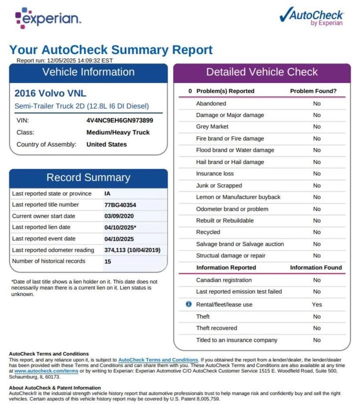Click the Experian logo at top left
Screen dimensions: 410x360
click(48, 18)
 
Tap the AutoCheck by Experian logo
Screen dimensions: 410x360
click(311, 17)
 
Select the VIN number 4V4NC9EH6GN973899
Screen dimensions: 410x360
click(120, 121)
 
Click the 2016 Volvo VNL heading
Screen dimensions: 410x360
click(50, 93)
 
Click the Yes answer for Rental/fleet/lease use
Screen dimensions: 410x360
click(317, 305)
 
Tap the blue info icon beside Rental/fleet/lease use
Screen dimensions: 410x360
click(188, 304)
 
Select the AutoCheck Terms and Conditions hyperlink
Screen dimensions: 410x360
click(158, 360)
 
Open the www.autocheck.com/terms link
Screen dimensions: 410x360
click(47, 371)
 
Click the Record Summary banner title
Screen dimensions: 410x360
click(88, 178)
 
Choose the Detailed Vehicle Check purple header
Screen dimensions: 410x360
click(262, 72)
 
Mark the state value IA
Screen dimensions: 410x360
click(107, 193)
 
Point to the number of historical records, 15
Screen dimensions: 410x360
click(107, 261)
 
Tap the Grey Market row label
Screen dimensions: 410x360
click(212, 127)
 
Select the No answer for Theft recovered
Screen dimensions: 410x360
click(317, 328)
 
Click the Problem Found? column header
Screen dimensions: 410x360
click(313, 91)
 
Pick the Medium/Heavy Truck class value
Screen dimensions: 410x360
click(118, 132)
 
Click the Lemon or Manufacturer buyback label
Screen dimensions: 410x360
click(238, 197)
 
